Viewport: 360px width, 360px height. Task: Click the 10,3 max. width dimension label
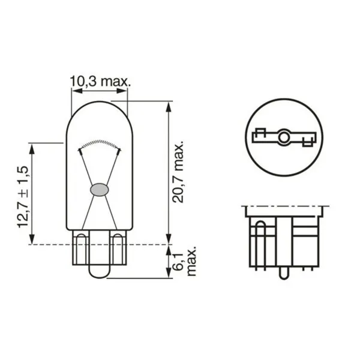(100, 81)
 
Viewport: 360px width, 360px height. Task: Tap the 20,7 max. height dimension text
(178, 171)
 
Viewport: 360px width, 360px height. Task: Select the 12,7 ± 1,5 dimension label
(23, 197)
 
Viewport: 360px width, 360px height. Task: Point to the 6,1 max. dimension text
(184, 262)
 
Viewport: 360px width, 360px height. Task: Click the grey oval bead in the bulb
(100, 190)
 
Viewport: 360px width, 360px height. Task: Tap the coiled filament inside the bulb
(100, 143)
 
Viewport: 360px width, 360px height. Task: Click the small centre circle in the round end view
(284, 137)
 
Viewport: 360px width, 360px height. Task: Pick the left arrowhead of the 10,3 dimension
(77, 91)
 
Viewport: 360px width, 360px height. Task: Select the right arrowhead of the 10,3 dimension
(121, 91)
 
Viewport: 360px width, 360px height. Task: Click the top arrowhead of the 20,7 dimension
(169, 107)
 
